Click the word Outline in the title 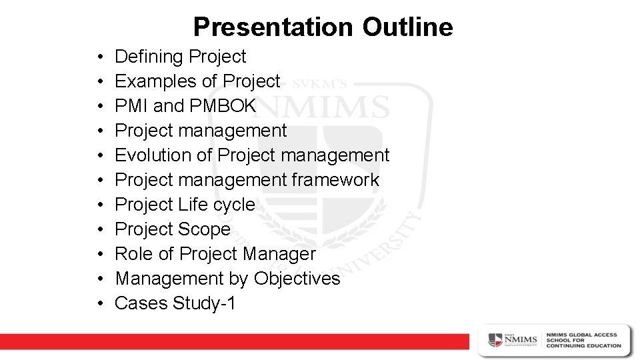tap(407, 27)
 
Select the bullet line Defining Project tap(180, 57)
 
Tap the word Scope tap(204, 229)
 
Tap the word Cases tap(141, 303)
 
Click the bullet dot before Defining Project tap(99, 57)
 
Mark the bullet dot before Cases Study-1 tap(99, 304)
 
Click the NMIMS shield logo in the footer tap(496, 339)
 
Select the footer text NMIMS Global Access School tap(583, 340)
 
